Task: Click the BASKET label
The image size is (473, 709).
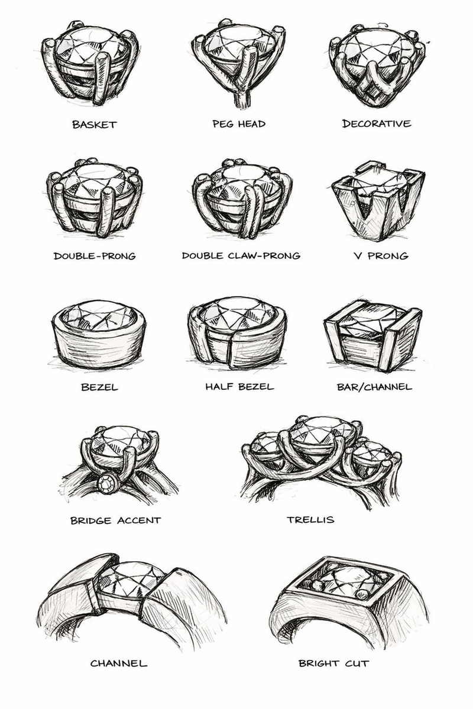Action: (x=95, y=125)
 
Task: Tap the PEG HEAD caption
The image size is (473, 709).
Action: (x=239, y=123)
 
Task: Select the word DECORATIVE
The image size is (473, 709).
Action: (x=377, y=123)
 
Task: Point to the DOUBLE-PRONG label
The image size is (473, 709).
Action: (x=95, y=256)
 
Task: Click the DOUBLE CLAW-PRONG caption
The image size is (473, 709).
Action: (x=241, y=255)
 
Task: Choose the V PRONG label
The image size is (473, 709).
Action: (x=381, y=256)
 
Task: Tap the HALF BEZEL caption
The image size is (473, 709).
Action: (x=240, y=386)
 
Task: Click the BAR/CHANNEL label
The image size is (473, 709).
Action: (x=375, y=387)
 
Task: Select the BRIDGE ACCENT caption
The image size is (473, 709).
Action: (x=116, y=521)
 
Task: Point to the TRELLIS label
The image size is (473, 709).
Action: (x=310, y=520)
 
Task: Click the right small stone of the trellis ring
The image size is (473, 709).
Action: (x=371, y=455)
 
